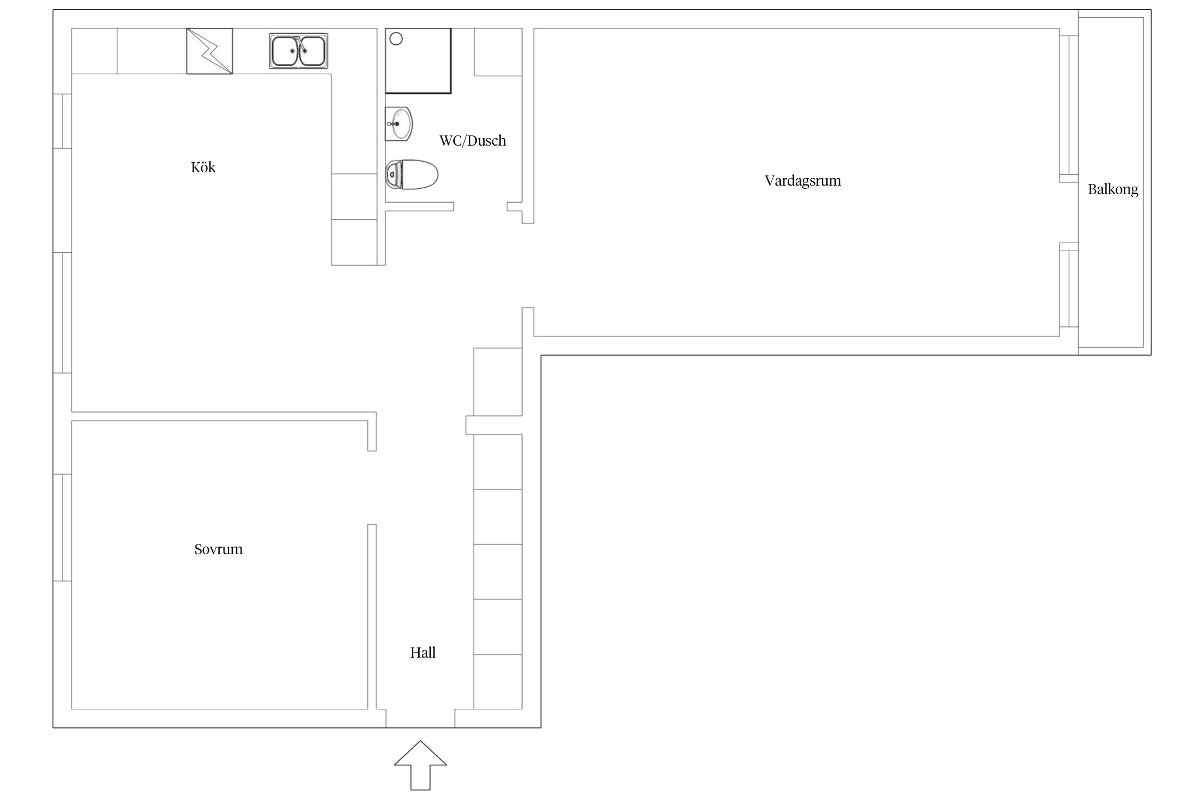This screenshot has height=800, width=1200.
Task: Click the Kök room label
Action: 203,167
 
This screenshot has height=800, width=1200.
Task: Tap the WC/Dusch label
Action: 473,141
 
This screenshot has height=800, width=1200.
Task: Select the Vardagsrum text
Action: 803,181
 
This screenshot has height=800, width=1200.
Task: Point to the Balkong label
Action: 1113,189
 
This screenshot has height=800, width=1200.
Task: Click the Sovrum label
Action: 218,549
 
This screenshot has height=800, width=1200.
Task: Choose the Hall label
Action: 423,653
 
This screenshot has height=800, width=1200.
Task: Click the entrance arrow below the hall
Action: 420,765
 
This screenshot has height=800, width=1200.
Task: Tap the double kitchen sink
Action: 299,51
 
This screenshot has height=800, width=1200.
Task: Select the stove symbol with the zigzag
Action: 210,51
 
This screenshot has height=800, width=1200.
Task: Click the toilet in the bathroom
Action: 412,175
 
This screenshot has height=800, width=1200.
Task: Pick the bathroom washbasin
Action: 399,124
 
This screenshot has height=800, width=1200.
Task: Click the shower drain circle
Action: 396,39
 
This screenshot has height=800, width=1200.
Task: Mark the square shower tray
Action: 418,61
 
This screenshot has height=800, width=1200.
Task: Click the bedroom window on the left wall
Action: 62,527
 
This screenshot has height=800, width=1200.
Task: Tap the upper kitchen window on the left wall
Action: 62,121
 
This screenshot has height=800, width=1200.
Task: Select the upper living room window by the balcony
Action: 1069,106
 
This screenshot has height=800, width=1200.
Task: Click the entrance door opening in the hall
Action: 420,718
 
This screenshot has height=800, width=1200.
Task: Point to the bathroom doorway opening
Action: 480,206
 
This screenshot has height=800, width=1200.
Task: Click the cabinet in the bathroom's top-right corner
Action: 498,52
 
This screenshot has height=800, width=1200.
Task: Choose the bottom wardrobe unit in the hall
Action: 498,682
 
